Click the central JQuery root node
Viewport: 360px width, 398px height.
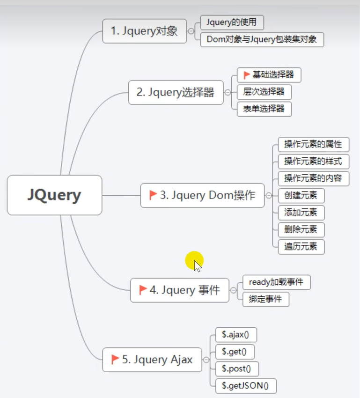point(54,195)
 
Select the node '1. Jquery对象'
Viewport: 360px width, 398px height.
point(144,31)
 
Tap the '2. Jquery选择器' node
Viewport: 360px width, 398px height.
point(176,92)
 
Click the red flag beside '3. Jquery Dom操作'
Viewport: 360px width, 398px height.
point(153,195)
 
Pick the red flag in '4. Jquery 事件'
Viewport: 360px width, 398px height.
point(143,290)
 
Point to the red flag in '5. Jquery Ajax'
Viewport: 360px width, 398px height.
point(115,360)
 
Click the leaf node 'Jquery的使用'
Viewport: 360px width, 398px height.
point(231,22)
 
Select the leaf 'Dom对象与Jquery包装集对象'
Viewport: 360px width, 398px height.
point(262,39)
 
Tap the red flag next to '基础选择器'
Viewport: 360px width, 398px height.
point(247,75)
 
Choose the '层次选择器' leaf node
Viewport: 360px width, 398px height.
point(264,92)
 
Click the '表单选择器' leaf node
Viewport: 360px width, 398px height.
point(264,109)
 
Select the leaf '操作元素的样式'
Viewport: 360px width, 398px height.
point(313,162)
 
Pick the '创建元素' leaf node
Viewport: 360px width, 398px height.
point(301,196)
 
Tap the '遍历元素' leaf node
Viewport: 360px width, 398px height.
point(301,247)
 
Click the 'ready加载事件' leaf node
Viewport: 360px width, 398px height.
point(276,282)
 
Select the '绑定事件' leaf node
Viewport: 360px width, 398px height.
point(265,299)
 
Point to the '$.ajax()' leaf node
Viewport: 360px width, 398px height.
point(236,335)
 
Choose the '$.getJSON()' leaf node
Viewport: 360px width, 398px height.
point(245,386)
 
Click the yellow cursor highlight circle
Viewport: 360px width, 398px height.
point(194,260)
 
